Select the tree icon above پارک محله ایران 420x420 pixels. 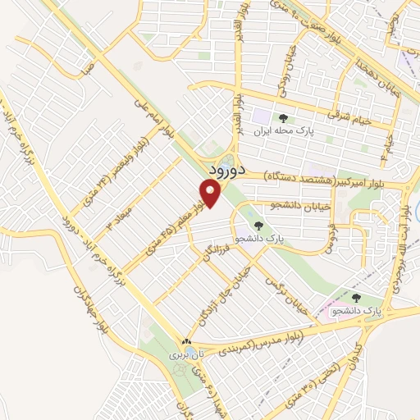(x=283, y=117)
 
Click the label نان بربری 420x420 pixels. (x=180, y=355)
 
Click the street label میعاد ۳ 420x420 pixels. (x=114, y=214)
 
